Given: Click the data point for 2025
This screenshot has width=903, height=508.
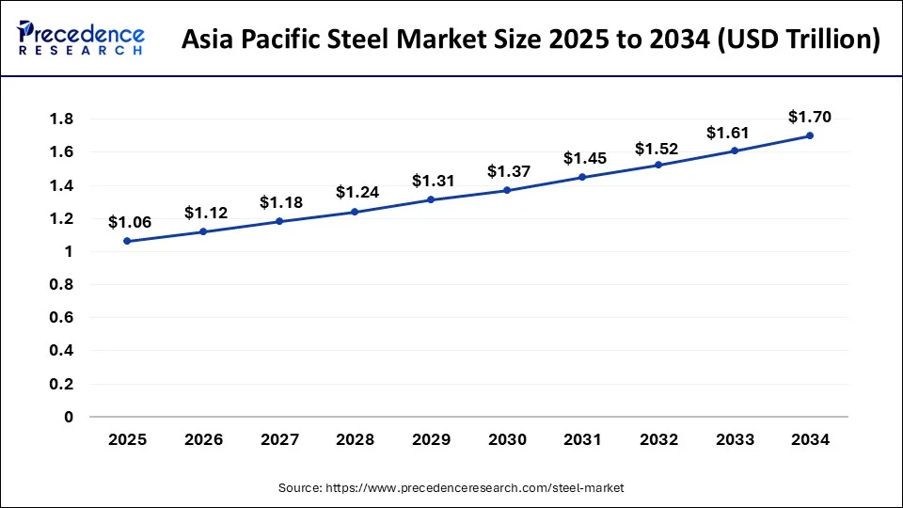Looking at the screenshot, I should pyautogui.click(x=127, y=241).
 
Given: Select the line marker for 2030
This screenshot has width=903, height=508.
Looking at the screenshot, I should pyautogui.click(x=507, y=190).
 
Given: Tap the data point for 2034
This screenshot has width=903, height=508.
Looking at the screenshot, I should pyautogui.click(x=810, y=135).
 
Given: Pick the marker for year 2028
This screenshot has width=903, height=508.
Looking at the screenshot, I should pyautogui.click(x=355, y=212).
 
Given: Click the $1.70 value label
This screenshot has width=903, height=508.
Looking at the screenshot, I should pyautogui.click(x=810, y=117).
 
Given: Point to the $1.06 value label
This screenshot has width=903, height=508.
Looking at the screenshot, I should pyautogui.click(x=128, y=222).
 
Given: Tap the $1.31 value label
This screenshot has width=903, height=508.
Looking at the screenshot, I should pyautogui.click(x=432, y=181).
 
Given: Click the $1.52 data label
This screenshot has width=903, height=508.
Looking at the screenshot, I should pyautogui.click(x=658, y=149).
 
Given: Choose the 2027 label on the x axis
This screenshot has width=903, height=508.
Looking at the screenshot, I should pyautogui.click(x=279, y=439).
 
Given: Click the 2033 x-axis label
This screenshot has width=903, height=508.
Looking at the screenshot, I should pyautogui.click(x=734, y=439).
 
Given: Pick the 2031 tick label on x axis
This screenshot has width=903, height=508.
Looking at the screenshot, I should pyautogui.click(x=582, y=439).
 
